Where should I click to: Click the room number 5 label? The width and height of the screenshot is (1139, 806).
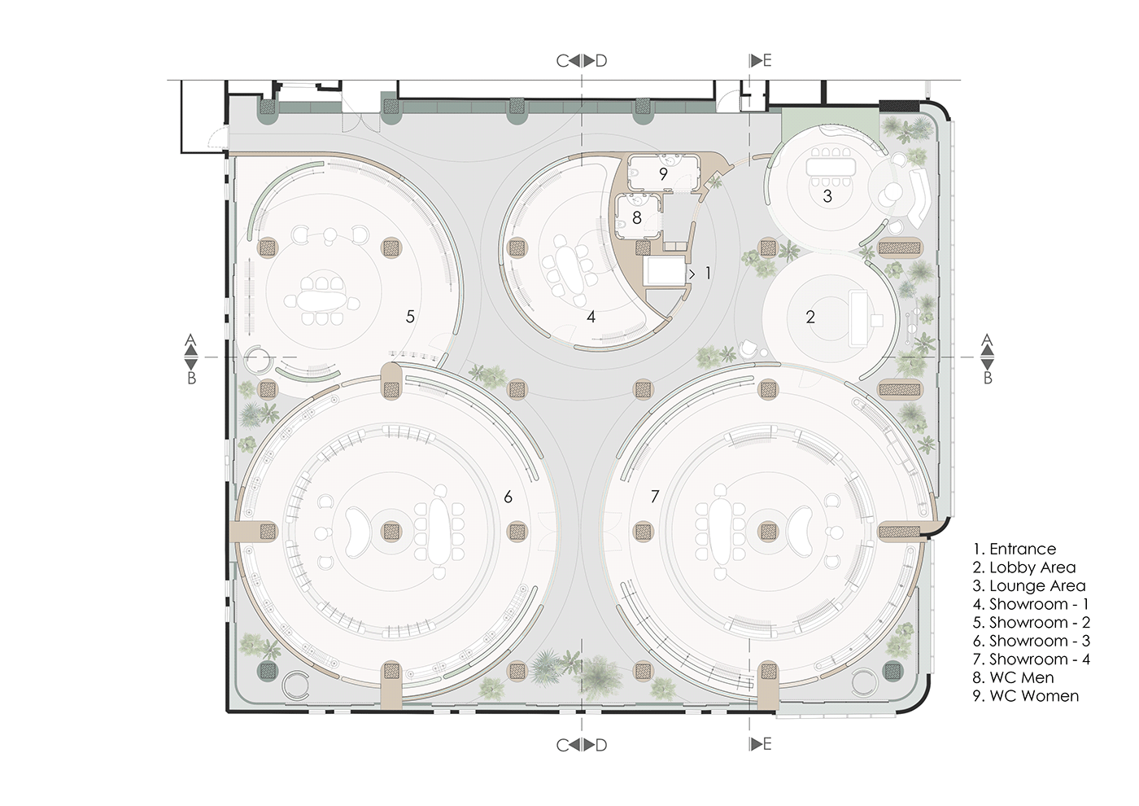coord(410,316)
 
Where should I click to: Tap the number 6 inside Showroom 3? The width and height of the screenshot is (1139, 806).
coord(508,497)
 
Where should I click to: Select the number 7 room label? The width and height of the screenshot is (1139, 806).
coord(655,496)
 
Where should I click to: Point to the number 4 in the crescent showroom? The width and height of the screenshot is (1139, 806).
coord(591,317)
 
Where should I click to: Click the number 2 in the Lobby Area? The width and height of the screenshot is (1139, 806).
coord(810,317)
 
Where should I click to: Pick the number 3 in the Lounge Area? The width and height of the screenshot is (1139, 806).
coord(827,196)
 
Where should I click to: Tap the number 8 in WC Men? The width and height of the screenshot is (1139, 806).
coord(637,217)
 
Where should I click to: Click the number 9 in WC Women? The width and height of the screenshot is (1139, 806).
coord(663,174)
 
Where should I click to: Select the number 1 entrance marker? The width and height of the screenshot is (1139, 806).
coord(708,273)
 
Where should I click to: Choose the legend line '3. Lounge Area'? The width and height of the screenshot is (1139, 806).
coord(1029,586)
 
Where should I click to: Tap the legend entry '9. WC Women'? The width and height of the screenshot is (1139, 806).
coord(1026,696)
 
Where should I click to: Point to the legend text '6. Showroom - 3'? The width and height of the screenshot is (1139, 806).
coord(1032,641)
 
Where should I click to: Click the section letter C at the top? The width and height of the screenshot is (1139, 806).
coord(562,61)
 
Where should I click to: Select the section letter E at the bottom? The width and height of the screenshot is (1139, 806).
coord(766,744)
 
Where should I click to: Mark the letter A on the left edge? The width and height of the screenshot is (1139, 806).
coord(190,339)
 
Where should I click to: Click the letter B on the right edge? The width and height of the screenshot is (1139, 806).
coord(988,378)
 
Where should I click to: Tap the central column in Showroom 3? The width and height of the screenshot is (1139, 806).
coord(392,532)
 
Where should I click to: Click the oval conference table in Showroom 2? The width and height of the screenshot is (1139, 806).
coord(321,300)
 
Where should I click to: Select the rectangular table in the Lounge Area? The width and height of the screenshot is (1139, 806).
coord(828,167)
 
